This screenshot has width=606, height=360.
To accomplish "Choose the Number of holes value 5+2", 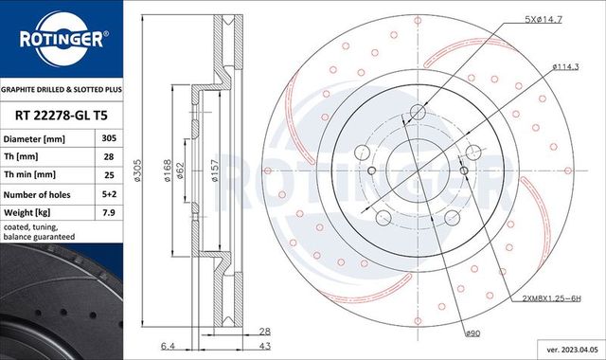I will point(109,193).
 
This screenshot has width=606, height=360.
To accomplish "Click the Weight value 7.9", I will point(109,211).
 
